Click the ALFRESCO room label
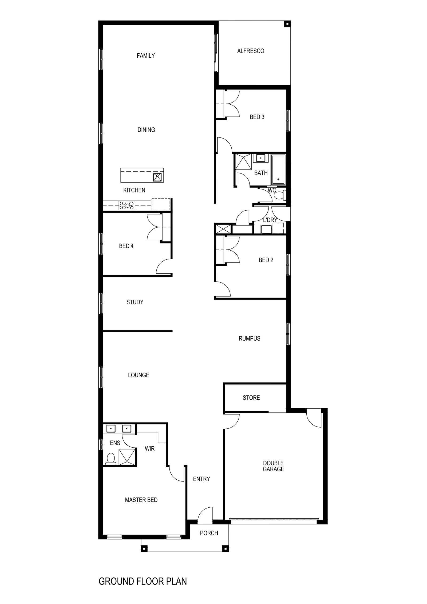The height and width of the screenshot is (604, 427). click(x=250, y=51)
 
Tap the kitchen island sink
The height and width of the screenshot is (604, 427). click(x=157, y=177)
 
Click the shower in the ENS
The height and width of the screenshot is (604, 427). click(x=127, y=457)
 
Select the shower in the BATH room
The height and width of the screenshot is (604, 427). click(x=243, y=161)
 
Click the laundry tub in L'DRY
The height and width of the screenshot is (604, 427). click(x=266, y=229)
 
